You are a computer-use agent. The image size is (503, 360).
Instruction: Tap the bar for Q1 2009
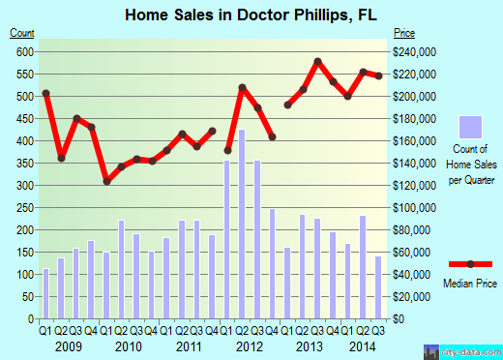45,293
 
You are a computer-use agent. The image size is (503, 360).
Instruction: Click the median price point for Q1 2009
45,93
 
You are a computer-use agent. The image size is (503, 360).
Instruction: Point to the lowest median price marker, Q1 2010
106,181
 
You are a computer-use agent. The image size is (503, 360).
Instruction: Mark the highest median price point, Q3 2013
317,62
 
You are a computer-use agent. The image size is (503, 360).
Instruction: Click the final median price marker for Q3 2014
378,75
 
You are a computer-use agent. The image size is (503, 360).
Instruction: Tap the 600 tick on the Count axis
23,51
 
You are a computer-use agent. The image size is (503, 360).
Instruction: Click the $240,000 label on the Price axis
413,51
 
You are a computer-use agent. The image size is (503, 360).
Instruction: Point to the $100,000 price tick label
413,207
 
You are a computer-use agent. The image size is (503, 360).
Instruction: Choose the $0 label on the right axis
398,318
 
